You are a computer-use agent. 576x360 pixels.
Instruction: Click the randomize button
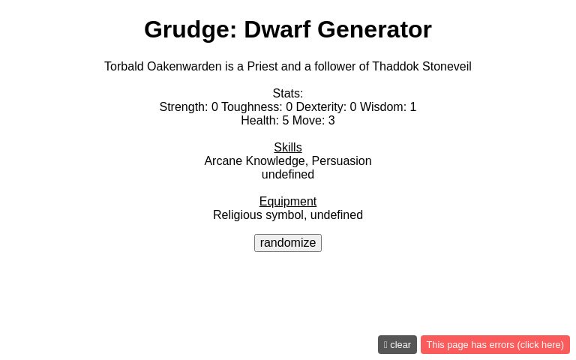pyautogui.click(x=288, y=243)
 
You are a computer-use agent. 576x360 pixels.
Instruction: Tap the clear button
pyautogui.click(x=397, y=345)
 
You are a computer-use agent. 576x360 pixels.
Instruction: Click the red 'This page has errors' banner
pyautogui.click(x=495, y=345)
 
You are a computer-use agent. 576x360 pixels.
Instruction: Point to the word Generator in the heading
pyautogui.click(x=374, y=29)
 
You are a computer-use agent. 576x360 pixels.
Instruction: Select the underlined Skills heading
pyautogui.click(x=288, y=148)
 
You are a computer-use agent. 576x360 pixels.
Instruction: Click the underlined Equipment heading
pyautogui.click(x=288, y=202)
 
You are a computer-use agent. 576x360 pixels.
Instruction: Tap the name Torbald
pyautogui.click(x=124, y=67)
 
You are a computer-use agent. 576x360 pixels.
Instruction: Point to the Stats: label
pyautogui.click(x=288, y=94)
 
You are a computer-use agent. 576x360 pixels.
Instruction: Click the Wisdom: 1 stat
pyautogui.click(x=388, y=107)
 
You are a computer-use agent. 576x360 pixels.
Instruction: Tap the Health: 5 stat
pyautogui.click(x=265, y=121)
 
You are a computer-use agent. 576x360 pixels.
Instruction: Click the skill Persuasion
pyautogui.click(x=341, y=161)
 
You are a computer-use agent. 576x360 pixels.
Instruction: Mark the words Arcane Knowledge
pyautogui.click(x=254, y=161)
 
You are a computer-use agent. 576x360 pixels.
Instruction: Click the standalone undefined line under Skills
pyautogui.click(x=288, y=175)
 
